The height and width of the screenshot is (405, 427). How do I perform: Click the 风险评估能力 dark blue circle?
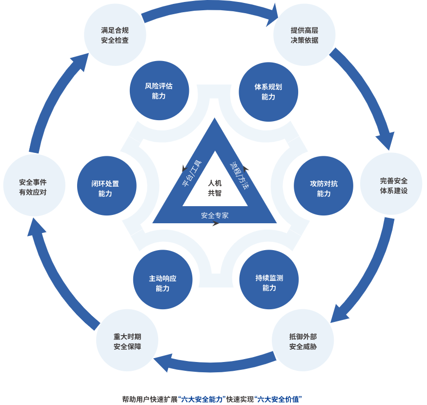[x=159, y=91]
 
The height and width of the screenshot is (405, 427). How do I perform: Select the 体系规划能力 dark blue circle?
[x=268, y=92]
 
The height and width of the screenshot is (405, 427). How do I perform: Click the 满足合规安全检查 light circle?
[x=115, y=35]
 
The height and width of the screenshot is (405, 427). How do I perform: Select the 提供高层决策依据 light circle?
[x=304, y=35]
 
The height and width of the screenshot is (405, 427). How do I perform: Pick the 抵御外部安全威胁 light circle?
[x=303, y=341]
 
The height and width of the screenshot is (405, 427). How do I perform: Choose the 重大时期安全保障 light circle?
[x=127, y=341]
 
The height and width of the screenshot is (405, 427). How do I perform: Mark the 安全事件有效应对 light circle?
[x=34, y=186]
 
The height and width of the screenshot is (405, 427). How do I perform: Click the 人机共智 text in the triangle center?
[x=215, y=188]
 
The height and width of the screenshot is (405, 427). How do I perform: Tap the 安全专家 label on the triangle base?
[x=215, y=215]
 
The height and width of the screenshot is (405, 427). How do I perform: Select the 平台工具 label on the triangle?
[x=192, y=173]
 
